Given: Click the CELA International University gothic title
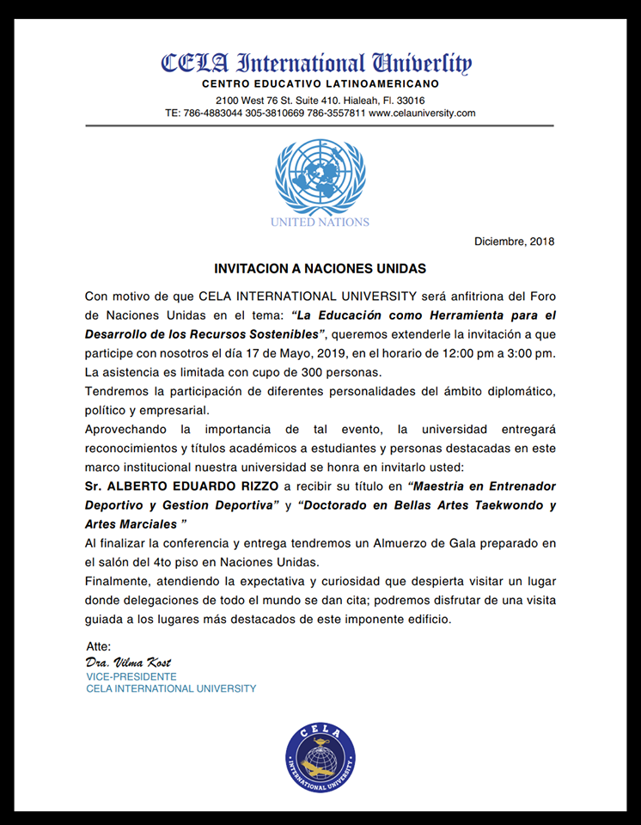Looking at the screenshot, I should click(317, 64).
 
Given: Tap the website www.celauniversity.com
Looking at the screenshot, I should click(422, 113).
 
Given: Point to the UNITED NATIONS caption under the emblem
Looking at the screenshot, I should click(320, 222).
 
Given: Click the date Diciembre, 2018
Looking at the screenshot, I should click(515, 241).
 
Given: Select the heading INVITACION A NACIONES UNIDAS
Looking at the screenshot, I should click(320, 268).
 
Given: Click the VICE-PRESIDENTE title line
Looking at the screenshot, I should click(131, 676).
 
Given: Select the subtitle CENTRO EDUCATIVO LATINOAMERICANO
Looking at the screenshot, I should click(320, 83).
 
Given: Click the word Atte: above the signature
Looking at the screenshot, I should click(99, 646).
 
